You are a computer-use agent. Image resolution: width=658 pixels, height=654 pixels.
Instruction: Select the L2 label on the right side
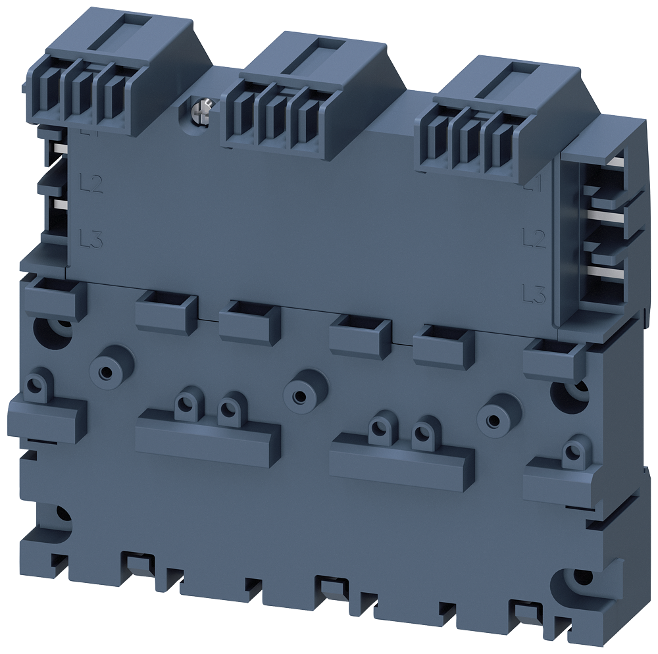(x=534, y=238)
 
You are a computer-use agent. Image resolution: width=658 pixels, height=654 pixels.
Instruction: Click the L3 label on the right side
(x=534, y=293)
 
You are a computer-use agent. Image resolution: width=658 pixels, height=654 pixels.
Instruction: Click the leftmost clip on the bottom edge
(x=137, y=565)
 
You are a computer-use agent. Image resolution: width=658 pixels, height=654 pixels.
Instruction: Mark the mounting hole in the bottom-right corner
(x=578, y=578)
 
